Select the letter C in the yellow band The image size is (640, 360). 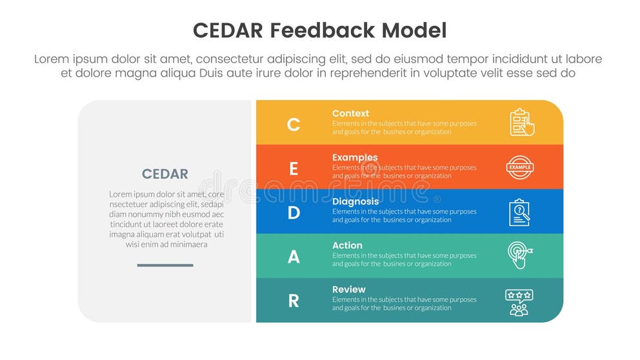pos(294,124)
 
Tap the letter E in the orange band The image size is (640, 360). pos(294,168)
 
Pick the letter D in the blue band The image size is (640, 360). pos(294,212)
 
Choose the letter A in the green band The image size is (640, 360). pos(294,257)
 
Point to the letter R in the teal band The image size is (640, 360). pos(294,301)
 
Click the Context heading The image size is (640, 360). pos(350,114)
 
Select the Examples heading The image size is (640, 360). pos(355,157)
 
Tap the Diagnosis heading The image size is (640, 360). pos(355,201)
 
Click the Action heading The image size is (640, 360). pos(347,245)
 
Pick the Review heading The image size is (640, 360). pos(349,290)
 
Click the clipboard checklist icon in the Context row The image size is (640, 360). pos(521,122)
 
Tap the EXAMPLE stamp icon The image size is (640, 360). pos(519,167)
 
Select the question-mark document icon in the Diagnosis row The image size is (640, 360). pos(519,212)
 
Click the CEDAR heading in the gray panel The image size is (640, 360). pos(165,174)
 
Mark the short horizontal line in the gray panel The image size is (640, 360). pos(165,265)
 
